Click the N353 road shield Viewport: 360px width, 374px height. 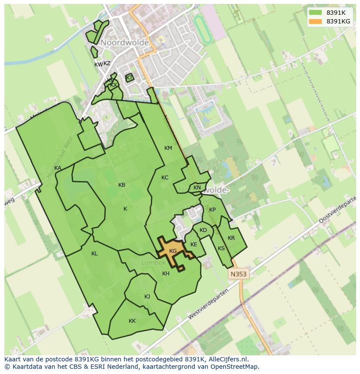tap(238, 274)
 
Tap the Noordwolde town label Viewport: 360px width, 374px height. tap(125, 43)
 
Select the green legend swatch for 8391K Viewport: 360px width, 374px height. tap(315, 13)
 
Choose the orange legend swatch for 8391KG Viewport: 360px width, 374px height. tap(315, 21)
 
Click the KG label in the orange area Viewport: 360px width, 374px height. tap(173, 251)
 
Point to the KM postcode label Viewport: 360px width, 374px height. tap(168, 148)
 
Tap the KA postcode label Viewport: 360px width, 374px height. tap(58, 168)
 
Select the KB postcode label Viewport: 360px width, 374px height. tap(122, 185)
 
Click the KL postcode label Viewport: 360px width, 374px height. tap(94, 254)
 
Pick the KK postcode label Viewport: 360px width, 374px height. tap(132, 321)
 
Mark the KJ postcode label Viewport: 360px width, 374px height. tap(147, 297)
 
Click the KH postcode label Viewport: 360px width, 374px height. tap(166, 274)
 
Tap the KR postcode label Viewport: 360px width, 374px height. tap(231, 238)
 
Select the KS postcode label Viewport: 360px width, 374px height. tap(221, 248)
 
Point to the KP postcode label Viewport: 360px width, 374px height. tap(212, 210)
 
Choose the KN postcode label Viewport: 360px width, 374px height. tap(197, 188)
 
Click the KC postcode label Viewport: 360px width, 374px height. tap(165, 178)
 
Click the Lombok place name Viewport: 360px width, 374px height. tap(153, 263)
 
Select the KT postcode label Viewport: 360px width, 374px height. tap(129, 78)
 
